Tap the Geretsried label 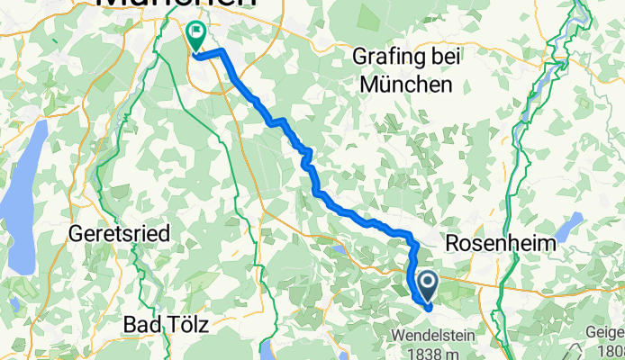click(x=118, y=234)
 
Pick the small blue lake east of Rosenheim click(x=573, y=222)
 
